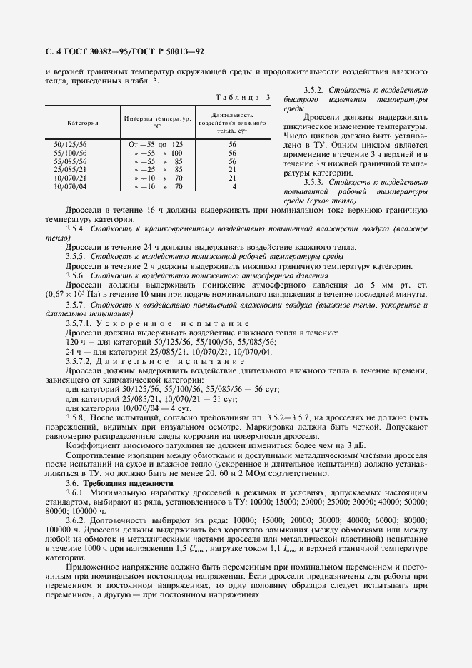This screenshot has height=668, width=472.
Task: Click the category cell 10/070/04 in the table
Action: click(69, 186)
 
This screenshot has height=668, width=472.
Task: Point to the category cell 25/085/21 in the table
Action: click(71, 170)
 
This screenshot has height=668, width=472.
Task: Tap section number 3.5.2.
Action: click(314, 91)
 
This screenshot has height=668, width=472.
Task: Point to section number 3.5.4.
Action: click(76, 230)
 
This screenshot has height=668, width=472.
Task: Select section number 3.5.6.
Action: click(76, 275)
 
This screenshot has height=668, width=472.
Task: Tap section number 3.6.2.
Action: click(76, 521)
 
